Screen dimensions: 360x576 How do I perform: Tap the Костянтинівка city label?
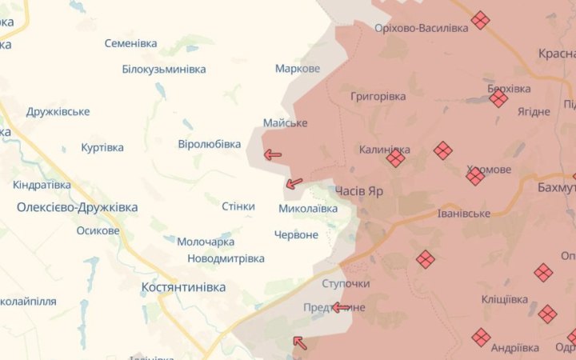(x=183, y=286)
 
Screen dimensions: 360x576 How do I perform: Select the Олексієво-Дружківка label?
(x=77, y=207)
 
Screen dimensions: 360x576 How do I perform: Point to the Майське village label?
(x=286, y=122)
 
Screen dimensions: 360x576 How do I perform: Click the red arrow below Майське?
(x=273, y=154)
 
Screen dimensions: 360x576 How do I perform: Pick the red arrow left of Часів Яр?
(x=294, y=183)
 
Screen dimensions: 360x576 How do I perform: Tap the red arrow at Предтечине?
(x=342, y=307)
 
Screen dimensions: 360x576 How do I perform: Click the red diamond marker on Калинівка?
(x=395, y=158)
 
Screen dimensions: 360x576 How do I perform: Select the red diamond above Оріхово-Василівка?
(x=480, y=20)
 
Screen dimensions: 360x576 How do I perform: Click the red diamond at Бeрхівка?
(x=498, y=98)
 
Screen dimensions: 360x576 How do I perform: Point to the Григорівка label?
(x=378, y=96)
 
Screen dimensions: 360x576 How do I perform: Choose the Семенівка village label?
(x=130, y=43)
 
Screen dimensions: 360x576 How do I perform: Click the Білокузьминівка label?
(x=164, y=69)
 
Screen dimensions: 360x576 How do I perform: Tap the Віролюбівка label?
(x=209, y=144)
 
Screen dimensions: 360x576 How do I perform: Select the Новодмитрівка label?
(x=226, y=258)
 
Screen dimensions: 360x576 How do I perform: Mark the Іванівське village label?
(x=464, y=214)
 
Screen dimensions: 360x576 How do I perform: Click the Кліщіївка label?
(x=505, y=299)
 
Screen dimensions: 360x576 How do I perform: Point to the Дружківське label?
(x=58, y=111)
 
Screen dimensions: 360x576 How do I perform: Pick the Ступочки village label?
(x=345, y=284)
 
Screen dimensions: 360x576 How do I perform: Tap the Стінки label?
(x=238, y=206)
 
